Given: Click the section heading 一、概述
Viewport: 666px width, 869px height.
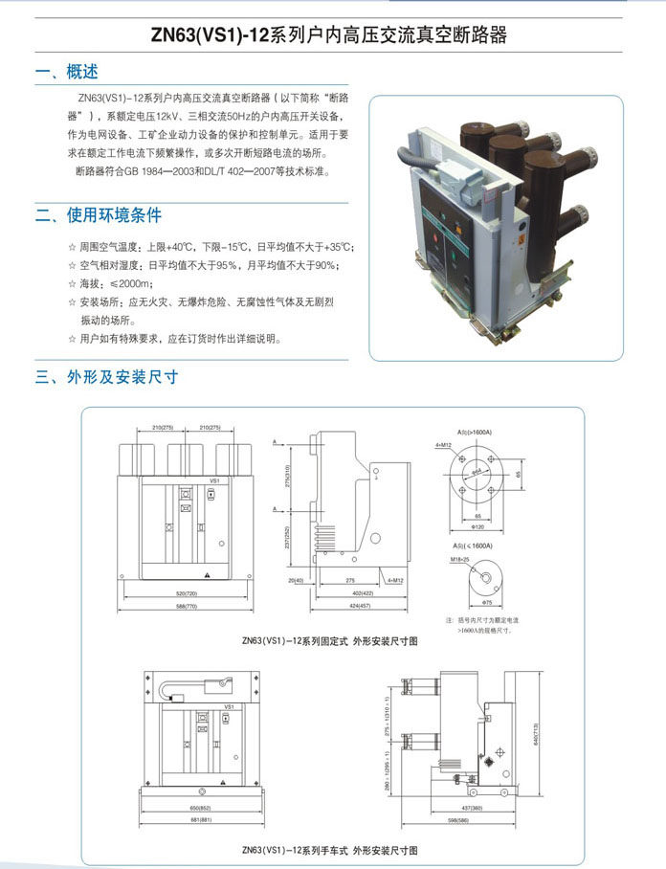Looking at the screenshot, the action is (x=66, y=72).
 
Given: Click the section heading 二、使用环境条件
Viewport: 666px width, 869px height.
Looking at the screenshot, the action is (x=99, y=214).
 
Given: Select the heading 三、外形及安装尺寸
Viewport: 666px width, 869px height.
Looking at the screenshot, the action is (x=106, y=377).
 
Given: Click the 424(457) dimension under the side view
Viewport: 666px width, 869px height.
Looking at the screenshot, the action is (x=360, y=606).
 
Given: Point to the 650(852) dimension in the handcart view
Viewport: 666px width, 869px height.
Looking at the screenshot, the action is (x=202, y=807).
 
